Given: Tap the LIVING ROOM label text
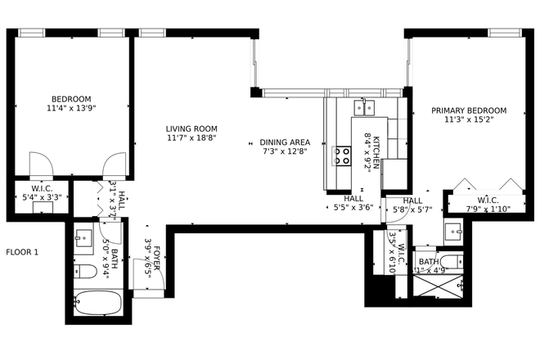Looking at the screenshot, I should tap(191, 133).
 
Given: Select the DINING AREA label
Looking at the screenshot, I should tap(285, 146).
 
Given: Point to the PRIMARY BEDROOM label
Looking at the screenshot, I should tap(469, 115).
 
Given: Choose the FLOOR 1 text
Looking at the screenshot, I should tap(22, 252).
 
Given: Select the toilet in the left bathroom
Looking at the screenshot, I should tap(85, 272).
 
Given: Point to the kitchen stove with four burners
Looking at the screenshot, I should tap(342, 155).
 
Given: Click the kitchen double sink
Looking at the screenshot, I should tap(365, 106).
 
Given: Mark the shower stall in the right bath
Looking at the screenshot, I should tap(439, 285).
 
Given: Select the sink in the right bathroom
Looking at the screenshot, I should tap(453, 231).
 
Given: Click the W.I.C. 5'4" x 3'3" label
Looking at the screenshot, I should tap(42, 192).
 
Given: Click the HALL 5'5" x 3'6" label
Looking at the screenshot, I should tap(353, 203).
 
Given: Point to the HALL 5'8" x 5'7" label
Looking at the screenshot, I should tap(412, 205).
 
